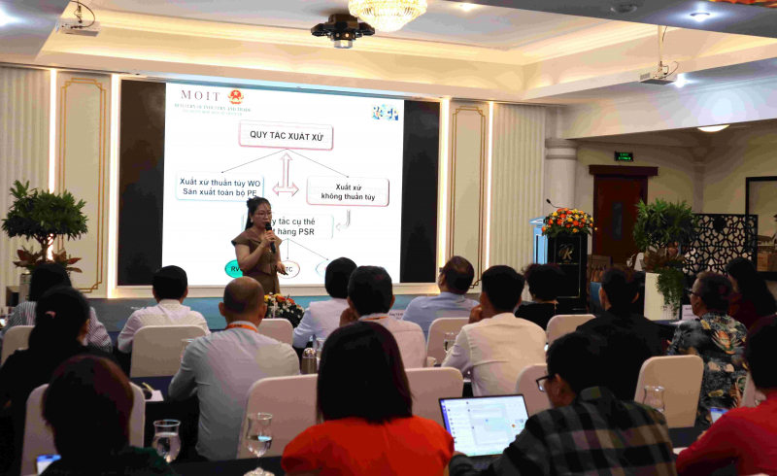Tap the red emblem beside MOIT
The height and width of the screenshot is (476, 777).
(x=235, y=96)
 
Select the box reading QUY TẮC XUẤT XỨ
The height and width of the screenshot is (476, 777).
(x=287, y=135)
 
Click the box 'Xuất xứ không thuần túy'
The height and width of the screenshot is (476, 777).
(x=347, y=191)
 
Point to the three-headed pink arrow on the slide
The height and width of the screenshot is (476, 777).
(x=286, y=175)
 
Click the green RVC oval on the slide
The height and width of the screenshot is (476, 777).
(x=234, y=269)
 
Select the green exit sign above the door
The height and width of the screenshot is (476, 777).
(x=623, y=155)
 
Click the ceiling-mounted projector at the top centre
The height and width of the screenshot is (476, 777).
(x=342, y=32)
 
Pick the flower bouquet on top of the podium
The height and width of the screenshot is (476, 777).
(x=568, y=221)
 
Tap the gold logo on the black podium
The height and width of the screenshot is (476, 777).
(x=563, y=255)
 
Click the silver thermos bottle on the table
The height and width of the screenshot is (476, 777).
(x=310, y=359)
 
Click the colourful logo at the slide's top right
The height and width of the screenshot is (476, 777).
(x=384, y=112)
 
